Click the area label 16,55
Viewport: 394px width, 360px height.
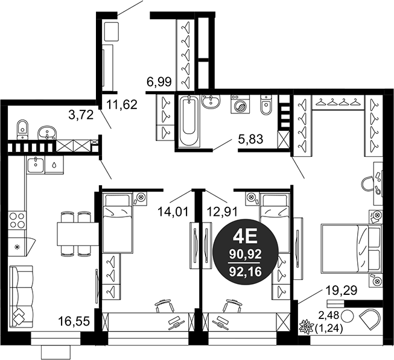pyautogui.click(x=74, y=321)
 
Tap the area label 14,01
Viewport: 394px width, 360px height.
pyautogui.click(x=173, y=212)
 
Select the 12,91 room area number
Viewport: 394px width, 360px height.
pyautogui.click(x=222, y=212)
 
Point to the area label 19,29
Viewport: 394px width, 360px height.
pyautogui.click(x=342, y=291)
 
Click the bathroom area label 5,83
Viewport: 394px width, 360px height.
pyautogui.click(x=250, y=139)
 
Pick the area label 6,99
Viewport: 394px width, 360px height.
pyautogui.click(x=159, y=82)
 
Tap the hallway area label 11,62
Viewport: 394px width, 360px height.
pyautogui.click(x=122, y=104)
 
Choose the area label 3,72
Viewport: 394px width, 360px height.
pyautogui.click(x=81, y=115)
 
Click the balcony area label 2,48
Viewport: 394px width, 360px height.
pyautogui.click(x=329, y=315)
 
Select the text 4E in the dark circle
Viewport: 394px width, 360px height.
pyautogui.click(x=246, y=237)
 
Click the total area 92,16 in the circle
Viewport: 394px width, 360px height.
pyautogui.click(x=246, y=271)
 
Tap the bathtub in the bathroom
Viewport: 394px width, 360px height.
pyautogui.click(x=189, y=121)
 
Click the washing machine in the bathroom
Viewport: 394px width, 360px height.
pyautogui.click(x=240, y=104)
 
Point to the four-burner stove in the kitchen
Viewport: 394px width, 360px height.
pyautogui.click(x=17, y=220)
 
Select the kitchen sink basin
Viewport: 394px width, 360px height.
pyautogui.click(x=36, y=164)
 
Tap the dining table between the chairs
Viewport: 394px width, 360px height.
pyautogui.click(x=77, y=234)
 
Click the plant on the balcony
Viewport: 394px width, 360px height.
pyautogui.click(x=307, y=326)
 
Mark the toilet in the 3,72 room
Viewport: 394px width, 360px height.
pyautogui.click(x=22, y=128)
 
